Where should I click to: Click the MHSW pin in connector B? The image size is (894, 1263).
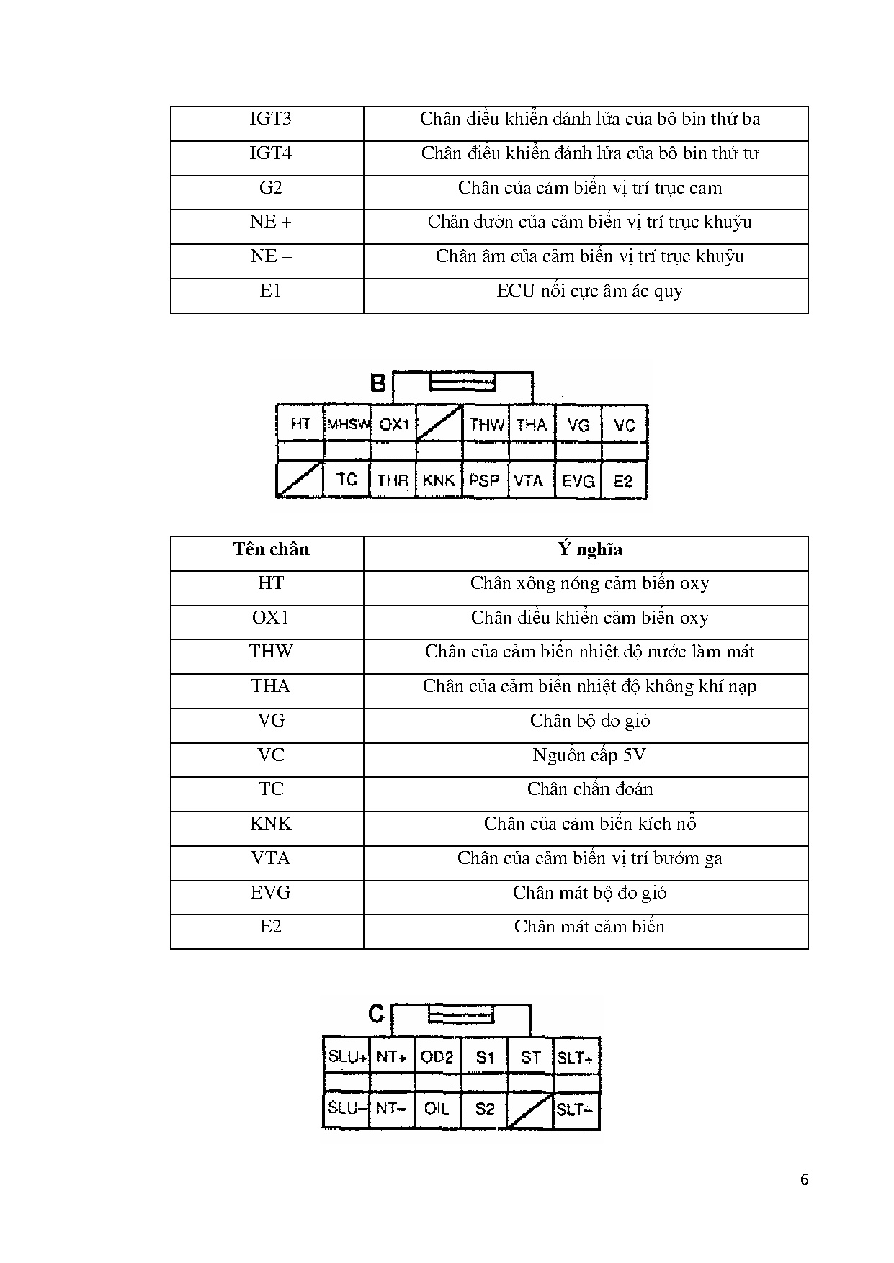point(348,424)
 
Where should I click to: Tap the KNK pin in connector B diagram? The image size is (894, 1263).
point(439,480)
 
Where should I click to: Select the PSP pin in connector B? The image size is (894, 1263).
point(484,480)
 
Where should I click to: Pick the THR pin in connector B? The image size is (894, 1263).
point(393,480)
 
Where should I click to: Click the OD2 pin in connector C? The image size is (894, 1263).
point(437,1057)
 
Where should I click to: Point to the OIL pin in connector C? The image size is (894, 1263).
point(437,1109)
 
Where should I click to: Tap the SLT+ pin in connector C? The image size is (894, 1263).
point(575,1058)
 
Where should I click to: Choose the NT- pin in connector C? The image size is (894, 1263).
point(391,1109)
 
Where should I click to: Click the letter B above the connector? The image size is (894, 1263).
point(377,383)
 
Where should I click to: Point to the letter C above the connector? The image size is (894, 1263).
point(376,1014)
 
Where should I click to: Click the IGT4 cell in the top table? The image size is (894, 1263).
point(270,153)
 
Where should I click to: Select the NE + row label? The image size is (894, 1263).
point(270,222)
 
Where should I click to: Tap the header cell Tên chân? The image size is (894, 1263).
point(271,549)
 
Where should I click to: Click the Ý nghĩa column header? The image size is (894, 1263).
point(589,549)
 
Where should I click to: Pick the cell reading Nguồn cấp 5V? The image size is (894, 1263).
point(589,755)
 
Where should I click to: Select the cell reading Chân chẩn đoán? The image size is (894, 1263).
point(589,789)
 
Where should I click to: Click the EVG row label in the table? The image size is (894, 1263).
point(270,893)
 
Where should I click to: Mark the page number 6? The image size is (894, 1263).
point(804,1179)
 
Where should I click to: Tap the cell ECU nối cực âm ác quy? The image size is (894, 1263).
point(589,292)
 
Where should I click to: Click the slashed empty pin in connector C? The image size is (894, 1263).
point(529,1110)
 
